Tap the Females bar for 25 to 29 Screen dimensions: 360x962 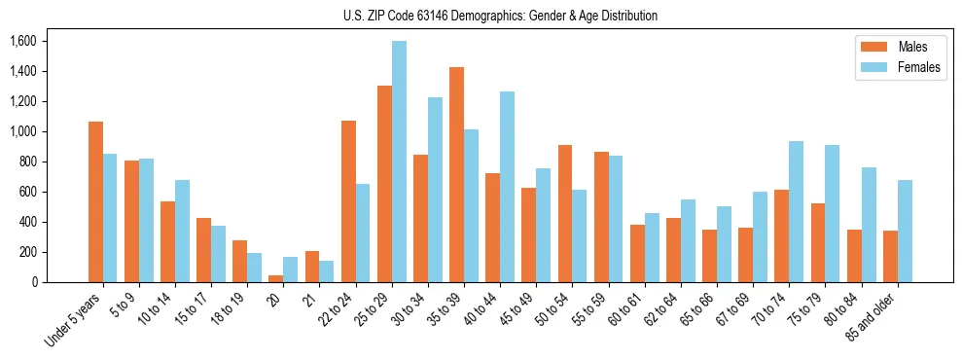tap(399, 162)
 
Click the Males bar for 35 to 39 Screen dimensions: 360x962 tap(457, 175)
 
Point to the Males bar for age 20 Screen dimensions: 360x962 tap(276, 279)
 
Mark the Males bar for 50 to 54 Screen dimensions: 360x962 tap(565, 214)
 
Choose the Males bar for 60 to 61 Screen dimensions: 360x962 tap(637, 254)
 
